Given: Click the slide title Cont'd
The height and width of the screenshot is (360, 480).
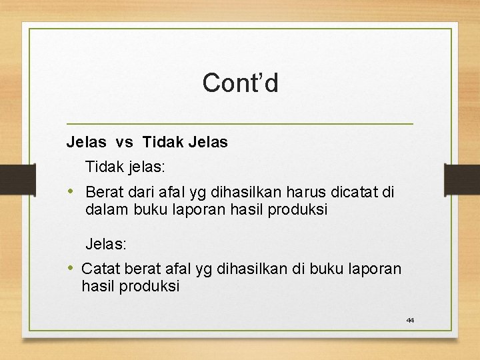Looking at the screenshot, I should coord(240,83).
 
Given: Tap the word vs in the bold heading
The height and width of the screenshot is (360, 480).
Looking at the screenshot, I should coord(124,142).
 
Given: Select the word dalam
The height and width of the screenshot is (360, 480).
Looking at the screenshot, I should coord(103,210).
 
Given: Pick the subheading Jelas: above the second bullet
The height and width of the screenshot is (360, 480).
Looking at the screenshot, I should coord(106,245).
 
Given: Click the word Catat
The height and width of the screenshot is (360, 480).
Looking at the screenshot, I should coord(99,269).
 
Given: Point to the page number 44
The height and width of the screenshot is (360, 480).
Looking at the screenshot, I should coord(410,321).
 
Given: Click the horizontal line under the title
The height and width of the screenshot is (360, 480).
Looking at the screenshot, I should coord(240,124).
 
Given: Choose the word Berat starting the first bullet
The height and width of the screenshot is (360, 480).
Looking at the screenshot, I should coord(105,193).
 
